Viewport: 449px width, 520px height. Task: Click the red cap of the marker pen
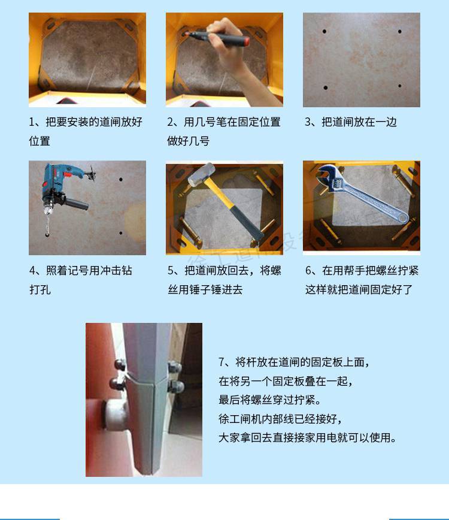[x=245, y=41]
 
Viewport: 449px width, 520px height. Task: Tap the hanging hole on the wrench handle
[x=402, y=218]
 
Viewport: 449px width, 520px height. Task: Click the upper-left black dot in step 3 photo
[x=324, y=32]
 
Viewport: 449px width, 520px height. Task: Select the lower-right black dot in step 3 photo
[x=400, y=86]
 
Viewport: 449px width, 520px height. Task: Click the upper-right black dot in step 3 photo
[x=400, y=32]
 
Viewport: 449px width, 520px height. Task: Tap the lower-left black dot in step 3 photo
[x=326, y=87]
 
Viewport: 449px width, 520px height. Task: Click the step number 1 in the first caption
[x=32, y=122]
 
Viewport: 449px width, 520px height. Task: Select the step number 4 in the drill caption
[x=32, y=271]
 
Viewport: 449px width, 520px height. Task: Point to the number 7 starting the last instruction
[x=222, y=362]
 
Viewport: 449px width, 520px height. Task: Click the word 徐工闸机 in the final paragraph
[x=239, y=419]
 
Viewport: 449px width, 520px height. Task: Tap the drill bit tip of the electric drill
[x=47, y=235]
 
